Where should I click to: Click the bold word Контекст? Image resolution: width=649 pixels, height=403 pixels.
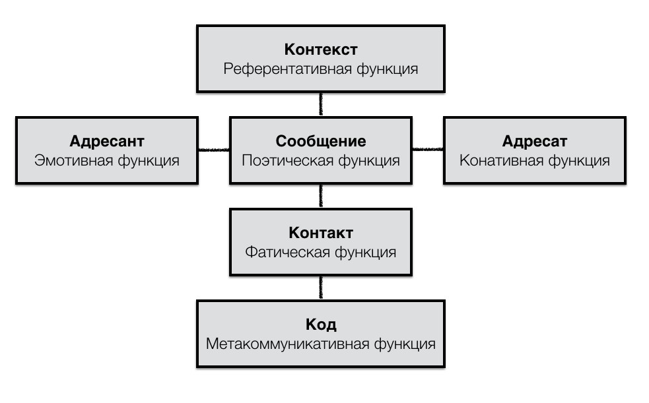pyautogui.click(x=321, y=49)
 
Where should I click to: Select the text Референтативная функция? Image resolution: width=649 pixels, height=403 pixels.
pyautogui.click(x=321, y=69)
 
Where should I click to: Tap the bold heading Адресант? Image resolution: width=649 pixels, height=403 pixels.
pyautogui.click(x=107, y=141)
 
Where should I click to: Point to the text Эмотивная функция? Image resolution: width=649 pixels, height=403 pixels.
pyautogui.click(x=107, y=161)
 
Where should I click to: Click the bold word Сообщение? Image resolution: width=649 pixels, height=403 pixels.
pyautogui.click(x=321, y=141)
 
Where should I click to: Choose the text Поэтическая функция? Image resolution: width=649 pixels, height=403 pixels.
pyautogui.click(x=321, y=161)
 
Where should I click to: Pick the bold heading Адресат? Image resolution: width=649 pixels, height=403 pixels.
pyautogui.click(x=534, y=141)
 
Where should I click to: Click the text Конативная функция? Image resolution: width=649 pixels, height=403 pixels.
pyautogui.click(x=534, y=161)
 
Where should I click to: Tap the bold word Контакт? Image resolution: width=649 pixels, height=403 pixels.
pyautogui.click(x=321, y=233)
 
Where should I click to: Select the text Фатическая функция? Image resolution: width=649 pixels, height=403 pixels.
pyautogui.click(x=321, y=252)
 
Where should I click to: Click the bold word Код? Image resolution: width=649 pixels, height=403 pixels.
pyautogui.click(x=321, y=325)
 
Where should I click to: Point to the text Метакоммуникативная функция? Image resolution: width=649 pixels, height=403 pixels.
pyautogui.click(x=321, y=344)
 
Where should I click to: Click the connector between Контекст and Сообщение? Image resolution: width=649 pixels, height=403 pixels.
pyautogui.click(x=321, y=104)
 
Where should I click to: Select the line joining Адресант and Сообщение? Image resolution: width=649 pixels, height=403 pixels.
pyautogui.click(x=213, y=150)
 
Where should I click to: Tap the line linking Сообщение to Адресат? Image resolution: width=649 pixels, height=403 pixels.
pyautogui.click(x=428, y=150)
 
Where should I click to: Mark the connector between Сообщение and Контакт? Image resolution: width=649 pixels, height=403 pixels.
pyautogui.click(x=321, y=196)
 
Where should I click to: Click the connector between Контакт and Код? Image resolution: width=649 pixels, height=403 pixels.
pyautogui.click(x=321, y=288)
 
